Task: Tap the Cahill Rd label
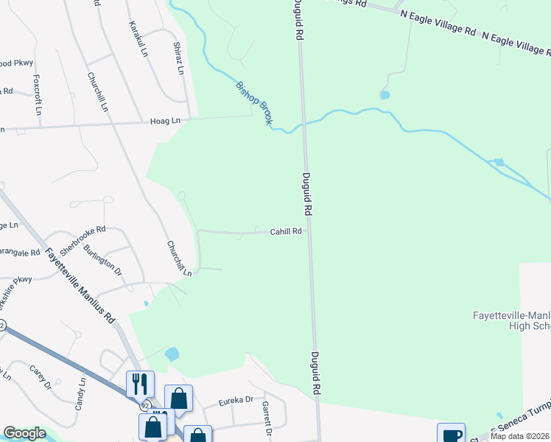pyautogui.click(x=286, y=231)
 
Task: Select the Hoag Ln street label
pyautogui.click(x=165, y=120)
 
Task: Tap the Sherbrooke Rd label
pyautogui.click(x=83, y=239)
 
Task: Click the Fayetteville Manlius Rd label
pyautogui.click(x=80, y=286)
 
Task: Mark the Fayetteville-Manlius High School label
pyautogui.click(x=511, y=320)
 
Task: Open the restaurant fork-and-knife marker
pyautogui.click(x=140, y=384)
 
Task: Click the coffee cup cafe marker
pyautogui.click(x=451, y=434)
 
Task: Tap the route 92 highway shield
pyautogui.click(x=145, y=405)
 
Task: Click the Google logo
pyautogui.click(x=24, y=434)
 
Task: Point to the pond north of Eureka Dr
pyautogui.click(x=172, y=354)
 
